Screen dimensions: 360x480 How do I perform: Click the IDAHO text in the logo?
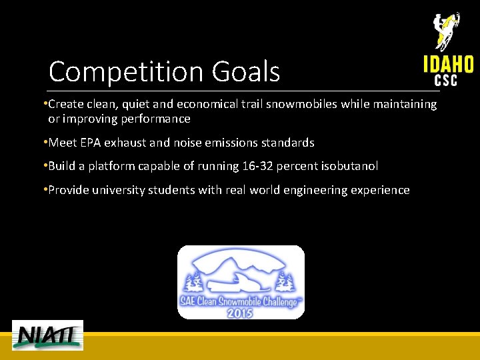pyautogui.click(x=448, y=65)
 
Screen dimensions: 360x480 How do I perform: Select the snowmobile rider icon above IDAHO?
pyautogui.click(x=445, y=31)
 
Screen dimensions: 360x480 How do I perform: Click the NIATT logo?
pyautogui.click(x=48, y=335)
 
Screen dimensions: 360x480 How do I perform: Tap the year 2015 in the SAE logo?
pyautogui.click(x=239, y=311)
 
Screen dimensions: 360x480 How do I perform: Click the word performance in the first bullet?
pyautogui.click(x=157, y=119)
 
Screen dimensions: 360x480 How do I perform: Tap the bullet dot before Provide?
pyautogui.click(x=44, y=189)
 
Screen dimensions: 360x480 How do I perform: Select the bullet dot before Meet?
pyautogui.click(x=44, y=142)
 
